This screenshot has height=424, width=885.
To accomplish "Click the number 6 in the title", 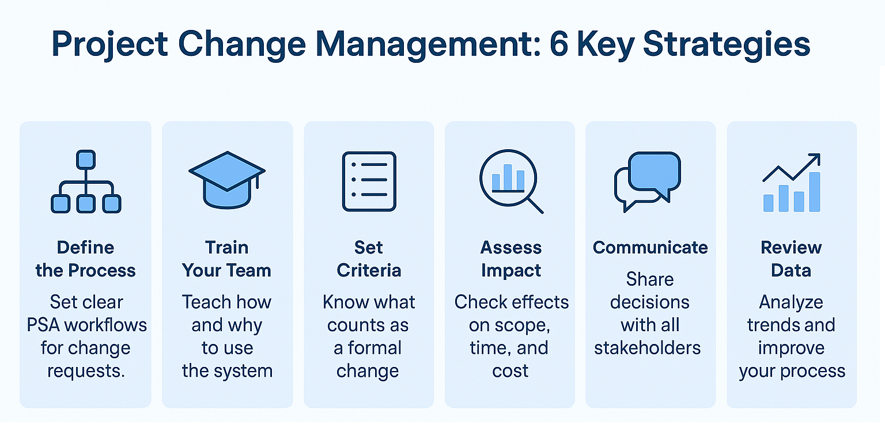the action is [559, 44].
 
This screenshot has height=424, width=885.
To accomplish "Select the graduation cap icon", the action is [227, 180].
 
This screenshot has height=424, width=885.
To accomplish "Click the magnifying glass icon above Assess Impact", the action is [511, 181].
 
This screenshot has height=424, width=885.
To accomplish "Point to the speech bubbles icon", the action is [648, 181].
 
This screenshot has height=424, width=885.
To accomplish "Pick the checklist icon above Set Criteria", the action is [369, 181].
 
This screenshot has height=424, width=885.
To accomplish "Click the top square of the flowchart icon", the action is [86, 159].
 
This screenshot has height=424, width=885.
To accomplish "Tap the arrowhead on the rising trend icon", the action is [814, 160].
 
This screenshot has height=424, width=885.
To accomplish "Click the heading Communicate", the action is [650, 248].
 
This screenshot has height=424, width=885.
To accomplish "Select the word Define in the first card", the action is [85, 248].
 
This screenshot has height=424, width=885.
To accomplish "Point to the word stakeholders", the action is [648, 348].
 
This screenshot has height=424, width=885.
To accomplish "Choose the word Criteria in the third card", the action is [369, 271].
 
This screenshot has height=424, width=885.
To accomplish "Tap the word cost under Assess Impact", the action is [510, 371].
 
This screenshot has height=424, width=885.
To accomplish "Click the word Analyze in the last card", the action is [791, 302].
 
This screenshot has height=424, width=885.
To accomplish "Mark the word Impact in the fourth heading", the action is [511, 271].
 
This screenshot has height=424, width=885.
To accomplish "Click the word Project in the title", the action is [109, 46].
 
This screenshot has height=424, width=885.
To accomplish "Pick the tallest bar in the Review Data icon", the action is [815, 192].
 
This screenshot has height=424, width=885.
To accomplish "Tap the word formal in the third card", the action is [375, 348].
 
